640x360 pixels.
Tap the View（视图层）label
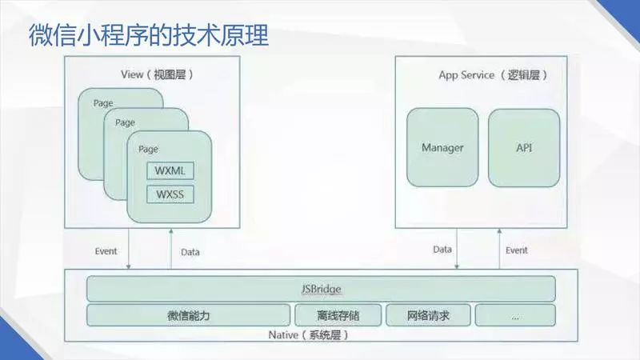click(x=157, y=74)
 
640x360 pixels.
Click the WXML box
click(x=170, y=170)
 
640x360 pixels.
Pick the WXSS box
click(x=170, y=194)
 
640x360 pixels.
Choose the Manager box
click(x=442, y=148)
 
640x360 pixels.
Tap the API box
click(x=524, y=148)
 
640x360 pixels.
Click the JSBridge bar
click(x=320, y=288)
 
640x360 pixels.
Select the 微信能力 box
click(x=189, y=315)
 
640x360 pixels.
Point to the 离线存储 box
click(x=338, y=315)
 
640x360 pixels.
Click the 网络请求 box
click(x=428, y=315)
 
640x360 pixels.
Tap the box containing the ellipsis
click(x=514, y=315)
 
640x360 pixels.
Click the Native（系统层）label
click(x=308, y=334)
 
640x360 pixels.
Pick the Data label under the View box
click(x=190, y=252)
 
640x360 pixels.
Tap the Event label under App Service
click(x=517, y=250)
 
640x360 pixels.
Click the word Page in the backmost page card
click(x=102, y=103)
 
